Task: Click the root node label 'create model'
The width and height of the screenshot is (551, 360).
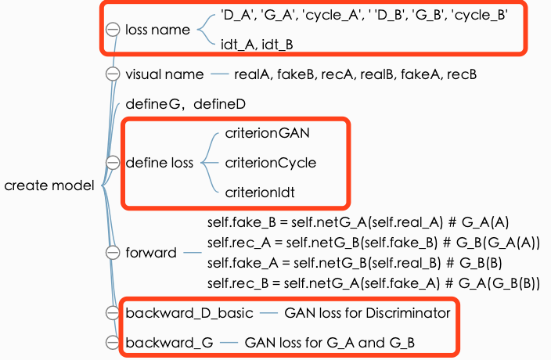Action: pyautogui.click(x=49, y=185)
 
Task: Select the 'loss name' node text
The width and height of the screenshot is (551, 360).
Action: pyautogui.click(x=157, y=30)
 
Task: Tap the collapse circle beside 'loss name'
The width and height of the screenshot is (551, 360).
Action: pyautogui.click(x=113, y=30)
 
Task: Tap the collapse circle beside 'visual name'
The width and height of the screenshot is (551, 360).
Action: pyautogui.click(x=113, y=74)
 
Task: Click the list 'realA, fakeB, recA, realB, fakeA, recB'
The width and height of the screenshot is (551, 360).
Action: pyautogui.click(x=355, y=74)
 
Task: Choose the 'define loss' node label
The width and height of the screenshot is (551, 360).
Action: pyautogui.click(x=159, y=164)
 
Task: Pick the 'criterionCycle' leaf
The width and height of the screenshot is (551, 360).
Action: pyautogui.click(x=270, y=163)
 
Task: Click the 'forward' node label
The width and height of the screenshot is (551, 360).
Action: pyautogui.click(x=151, y=253)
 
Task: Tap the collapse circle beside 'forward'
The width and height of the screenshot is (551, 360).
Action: pyautogui.click(x=113, y=253)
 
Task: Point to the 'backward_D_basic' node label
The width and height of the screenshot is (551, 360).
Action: pyautogui.click(x=189, y=313)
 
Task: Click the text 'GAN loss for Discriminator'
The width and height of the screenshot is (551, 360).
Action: pyautogui.click(x=367, y=313)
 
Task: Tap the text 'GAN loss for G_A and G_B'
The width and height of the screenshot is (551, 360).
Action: pyautogui.click(x=330, y=343)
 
